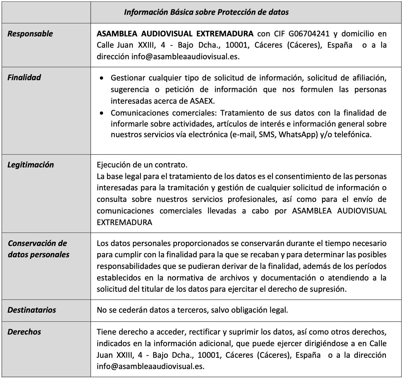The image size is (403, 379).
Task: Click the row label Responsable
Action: coord(30,34)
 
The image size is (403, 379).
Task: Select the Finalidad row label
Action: coord(24,78)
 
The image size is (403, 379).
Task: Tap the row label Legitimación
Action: coord(31,165)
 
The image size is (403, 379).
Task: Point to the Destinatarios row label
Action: coord(32,310)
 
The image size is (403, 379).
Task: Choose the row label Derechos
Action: coord(24,332)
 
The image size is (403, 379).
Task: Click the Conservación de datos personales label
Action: coord(38,249)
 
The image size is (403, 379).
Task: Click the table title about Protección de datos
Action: coord(206,12)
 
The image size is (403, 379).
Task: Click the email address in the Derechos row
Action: coord(151,366)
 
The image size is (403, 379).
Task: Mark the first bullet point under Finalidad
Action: coord(102,78)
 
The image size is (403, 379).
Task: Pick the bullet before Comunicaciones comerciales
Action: coord(102,113)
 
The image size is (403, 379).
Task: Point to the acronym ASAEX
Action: coord(202,101)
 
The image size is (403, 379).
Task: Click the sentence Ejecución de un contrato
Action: coord(142,165)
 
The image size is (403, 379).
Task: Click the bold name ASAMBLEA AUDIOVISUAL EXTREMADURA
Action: coord(175,34)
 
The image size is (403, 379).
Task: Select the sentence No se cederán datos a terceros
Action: coord(192,310)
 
